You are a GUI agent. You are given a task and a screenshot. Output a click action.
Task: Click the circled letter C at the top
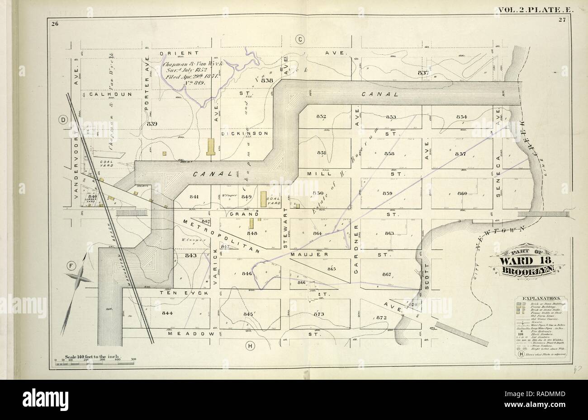(300, 40)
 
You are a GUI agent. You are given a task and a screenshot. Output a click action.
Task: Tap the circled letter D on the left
(64, 120)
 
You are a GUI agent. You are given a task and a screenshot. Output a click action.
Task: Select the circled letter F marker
(71, 265)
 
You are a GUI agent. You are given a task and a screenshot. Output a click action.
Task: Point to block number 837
(423, 73)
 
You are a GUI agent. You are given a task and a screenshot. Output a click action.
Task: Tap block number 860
(462, 193)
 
